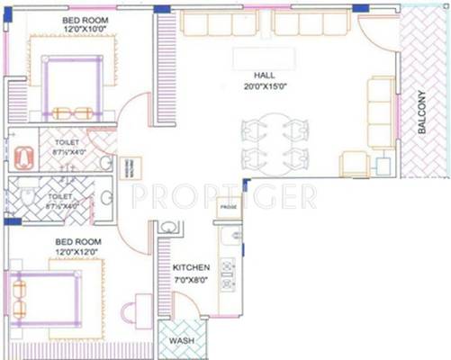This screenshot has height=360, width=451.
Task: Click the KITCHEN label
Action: (192, 268)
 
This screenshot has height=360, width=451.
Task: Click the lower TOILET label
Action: (60, 194)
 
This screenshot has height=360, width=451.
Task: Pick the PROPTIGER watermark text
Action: (223, 195)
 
